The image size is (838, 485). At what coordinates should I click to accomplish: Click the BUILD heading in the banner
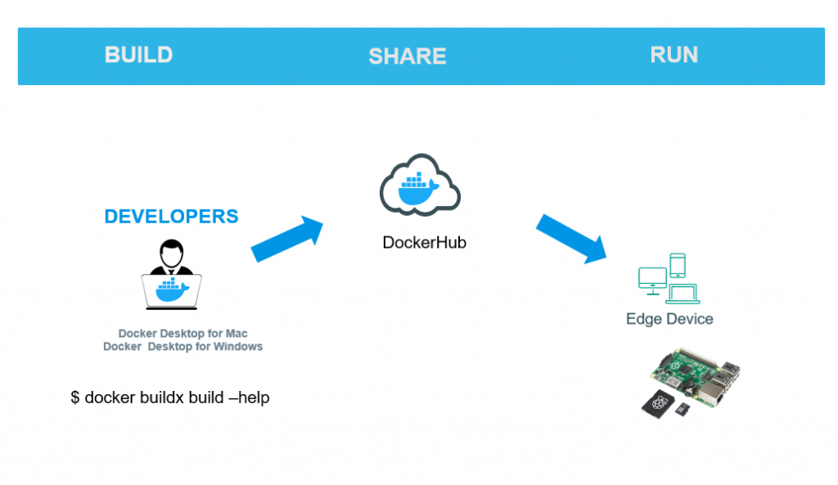[138, 55]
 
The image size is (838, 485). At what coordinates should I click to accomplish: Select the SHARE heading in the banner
[407, 56]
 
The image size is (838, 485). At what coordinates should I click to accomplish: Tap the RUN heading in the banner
[674, 55]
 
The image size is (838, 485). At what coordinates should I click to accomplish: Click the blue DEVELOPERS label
[171, 217]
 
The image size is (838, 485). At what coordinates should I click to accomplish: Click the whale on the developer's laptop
[171, 290]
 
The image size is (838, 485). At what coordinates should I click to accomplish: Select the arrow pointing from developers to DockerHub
[287, 239]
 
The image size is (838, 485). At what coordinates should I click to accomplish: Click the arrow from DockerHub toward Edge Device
[571, 237]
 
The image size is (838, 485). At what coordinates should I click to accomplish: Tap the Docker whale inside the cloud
[418, 191]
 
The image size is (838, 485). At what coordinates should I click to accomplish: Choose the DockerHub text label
[424, 243]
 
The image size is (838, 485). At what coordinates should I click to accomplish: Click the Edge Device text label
[669, 319]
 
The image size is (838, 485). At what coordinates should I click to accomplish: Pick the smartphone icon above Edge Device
[678, 265]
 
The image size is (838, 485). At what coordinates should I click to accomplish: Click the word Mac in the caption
[237, 334]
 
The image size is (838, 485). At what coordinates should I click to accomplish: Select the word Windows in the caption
[239, 346]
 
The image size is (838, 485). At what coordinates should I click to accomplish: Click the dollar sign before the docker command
[75, 397]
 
